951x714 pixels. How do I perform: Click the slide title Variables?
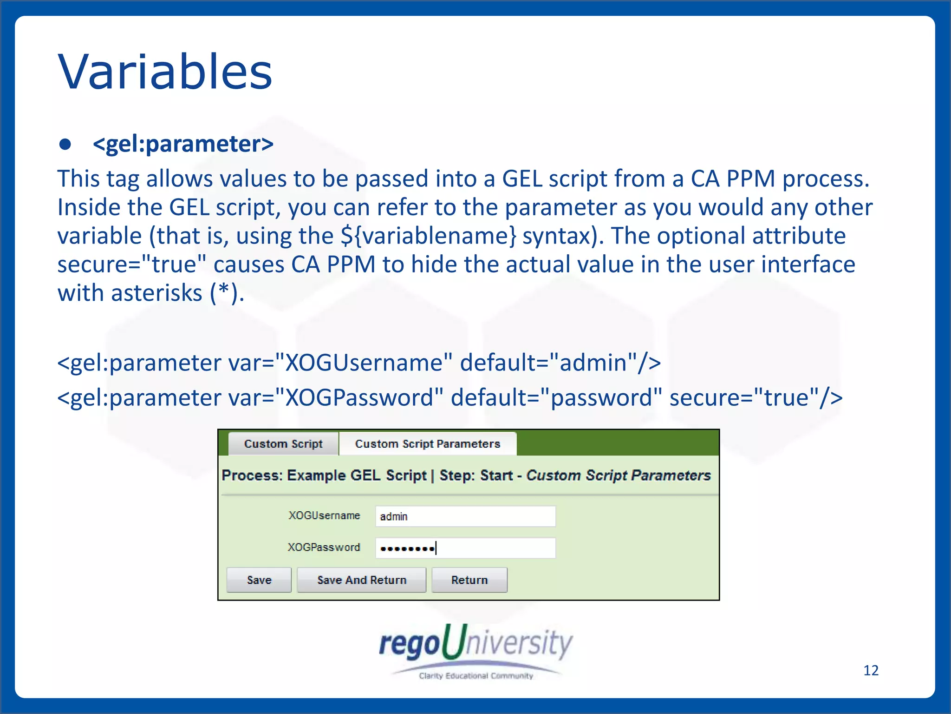[x=165, y=72]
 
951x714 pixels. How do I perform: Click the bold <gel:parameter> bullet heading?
[x=183, y=144]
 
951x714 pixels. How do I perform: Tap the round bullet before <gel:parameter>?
[x=65, y=145]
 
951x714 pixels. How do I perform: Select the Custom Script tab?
[x=283, y=444]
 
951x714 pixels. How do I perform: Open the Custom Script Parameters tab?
[x=427, y=444]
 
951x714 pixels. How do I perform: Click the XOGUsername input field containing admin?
[x=465, y=516]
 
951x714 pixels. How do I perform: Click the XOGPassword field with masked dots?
[x=465, y=548]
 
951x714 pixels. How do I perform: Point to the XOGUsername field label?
[x=324, y=516]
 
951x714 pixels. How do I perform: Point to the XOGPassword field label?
[x=324, y=547]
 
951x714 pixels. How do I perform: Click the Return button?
[x=469, y=580]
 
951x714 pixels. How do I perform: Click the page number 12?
[x=871, y=670]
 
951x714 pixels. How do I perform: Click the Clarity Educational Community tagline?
[x=475, y=676]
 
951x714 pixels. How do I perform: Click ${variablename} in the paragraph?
[x=428, y=236]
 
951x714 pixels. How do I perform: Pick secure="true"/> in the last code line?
[x=756, y=398]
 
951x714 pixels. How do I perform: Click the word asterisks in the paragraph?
[x=156, y=293]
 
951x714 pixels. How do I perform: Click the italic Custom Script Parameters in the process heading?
[x=618, y=476]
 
